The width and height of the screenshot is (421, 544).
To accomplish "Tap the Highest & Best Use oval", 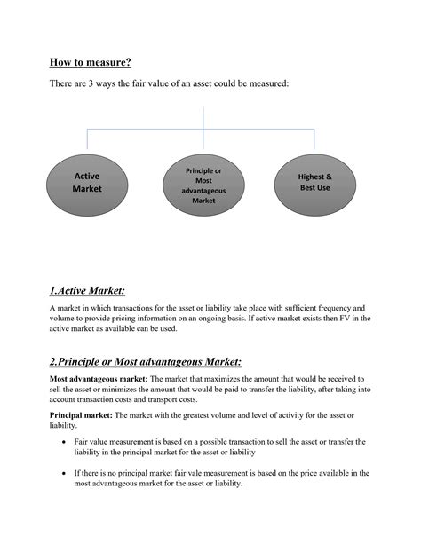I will click(x=314, y=182).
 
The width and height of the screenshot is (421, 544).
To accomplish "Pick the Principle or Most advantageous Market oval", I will click(x=203, y=185).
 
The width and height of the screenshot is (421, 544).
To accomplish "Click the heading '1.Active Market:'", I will click(x=87, y=290).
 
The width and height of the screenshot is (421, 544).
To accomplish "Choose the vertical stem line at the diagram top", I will click(x=203, y=116).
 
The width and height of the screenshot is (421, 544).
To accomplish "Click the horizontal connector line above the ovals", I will click(x=203, y=128).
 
